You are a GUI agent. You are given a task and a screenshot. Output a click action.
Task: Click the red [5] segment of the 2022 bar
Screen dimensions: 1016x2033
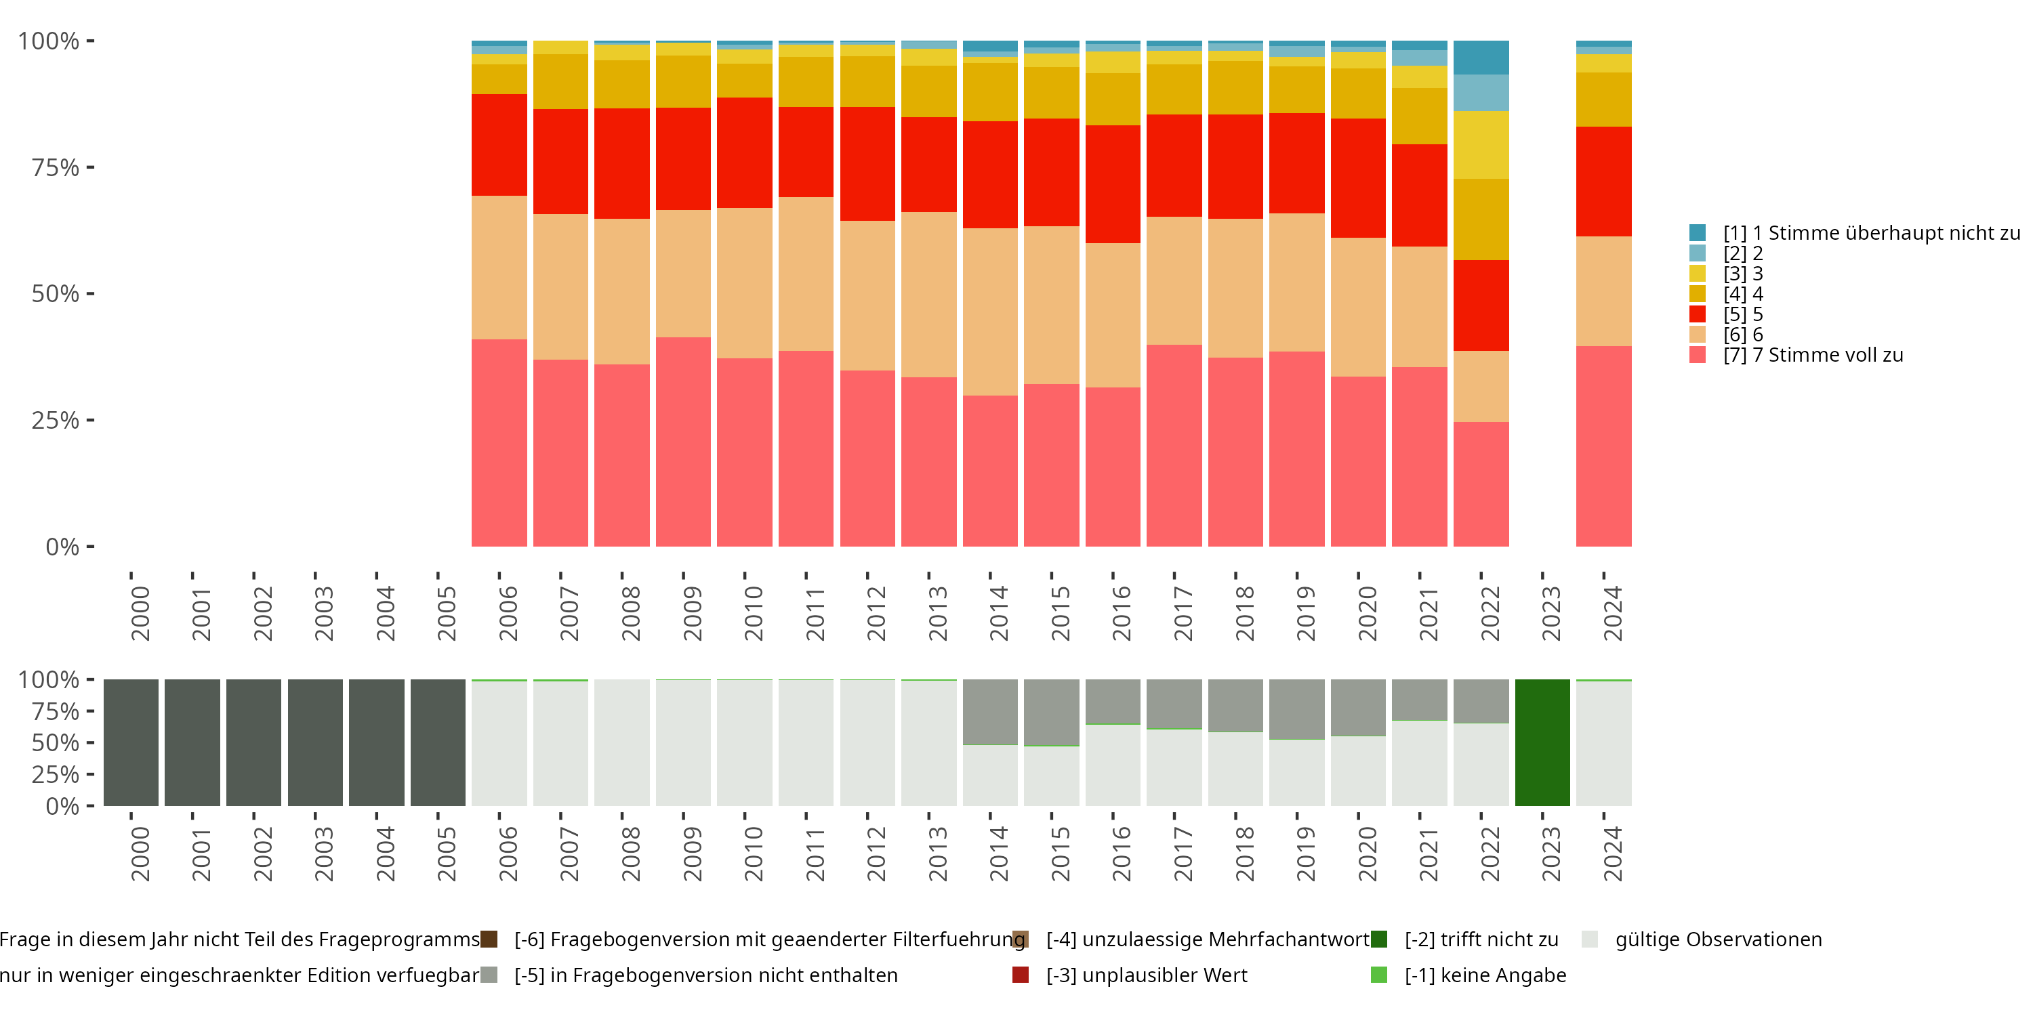(x=1481, y=305)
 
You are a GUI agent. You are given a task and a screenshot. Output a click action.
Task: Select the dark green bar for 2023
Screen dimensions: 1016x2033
(x=1542, y=742)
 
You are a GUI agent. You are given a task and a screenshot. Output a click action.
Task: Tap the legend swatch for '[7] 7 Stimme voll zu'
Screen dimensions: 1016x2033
(x=1698, y=355)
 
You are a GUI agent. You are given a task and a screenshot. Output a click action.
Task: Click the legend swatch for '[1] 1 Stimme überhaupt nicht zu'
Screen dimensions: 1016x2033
(x=1698, y=233)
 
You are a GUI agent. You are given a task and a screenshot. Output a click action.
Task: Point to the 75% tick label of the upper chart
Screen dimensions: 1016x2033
(x=56, y=167)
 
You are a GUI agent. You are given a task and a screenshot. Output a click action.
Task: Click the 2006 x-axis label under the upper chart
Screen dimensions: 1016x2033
(x=508, y=613)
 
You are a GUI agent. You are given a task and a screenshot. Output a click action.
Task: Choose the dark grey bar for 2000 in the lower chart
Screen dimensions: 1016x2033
(x=131, y=742)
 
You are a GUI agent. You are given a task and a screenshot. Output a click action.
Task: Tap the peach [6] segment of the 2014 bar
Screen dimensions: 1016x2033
(x=989, y=312)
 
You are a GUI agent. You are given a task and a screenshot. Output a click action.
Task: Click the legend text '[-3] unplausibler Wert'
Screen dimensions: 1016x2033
(x=1147, y=975)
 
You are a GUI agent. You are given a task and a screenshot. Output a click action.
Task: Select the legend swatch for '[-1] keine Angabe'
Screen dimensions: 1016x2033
(x=1379, y=975)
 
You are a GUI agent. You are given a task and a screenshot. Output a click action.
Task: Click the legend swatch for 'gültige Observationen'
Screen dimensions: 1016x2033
(x=1589, y=939)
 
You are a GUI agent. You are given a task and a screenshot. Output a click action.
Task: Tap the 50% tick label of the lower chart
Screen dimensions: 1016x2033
(x=56, y=742)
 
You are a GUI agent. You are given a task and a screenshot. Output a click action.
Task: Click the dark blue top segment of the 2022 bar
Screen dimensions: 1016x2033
(x=1481, y=58)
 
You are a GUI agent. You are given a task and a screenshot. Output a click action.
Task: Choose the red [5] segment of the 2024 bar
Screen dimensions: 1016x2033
(x=1603, y=182)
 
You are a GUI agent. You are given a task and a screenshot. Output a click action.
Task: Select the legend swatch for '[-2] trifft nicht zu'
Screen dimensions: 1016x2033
(x=1379, y=939)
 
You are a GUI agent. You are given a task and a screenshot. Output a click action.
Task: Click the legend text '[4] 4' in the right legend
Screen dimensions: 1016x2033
(x=1742, y=294)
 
